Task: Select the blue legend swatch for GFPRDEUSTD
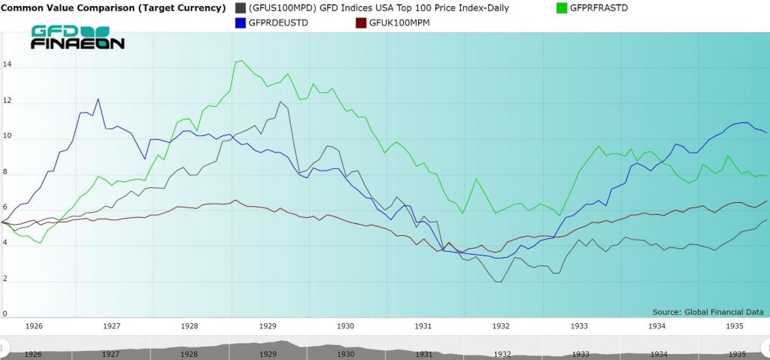click(241, 23)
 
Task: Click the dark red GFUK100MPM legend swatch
click(360, 23)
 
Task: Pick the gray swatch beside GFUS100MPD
click(241, 8)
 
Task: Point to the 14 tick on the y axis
click(7, 65)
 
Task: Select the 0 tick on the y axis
click(5, 314)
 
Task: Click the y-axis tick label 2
click(5, 279)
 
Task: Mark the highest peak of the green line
click(238, 61)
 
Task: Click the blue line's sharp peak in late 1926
click(98, 99)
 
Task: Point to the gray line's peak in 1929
click(280, 101)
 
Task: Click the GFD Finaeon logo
click(77, 38)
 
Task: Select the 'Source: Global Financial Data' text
click(708, 311)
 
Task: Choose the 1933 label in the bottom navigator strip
click(580, 353)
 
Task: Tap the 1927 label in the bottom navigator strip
click(111, 353)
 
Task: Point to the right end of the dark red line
click(766, 201)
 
